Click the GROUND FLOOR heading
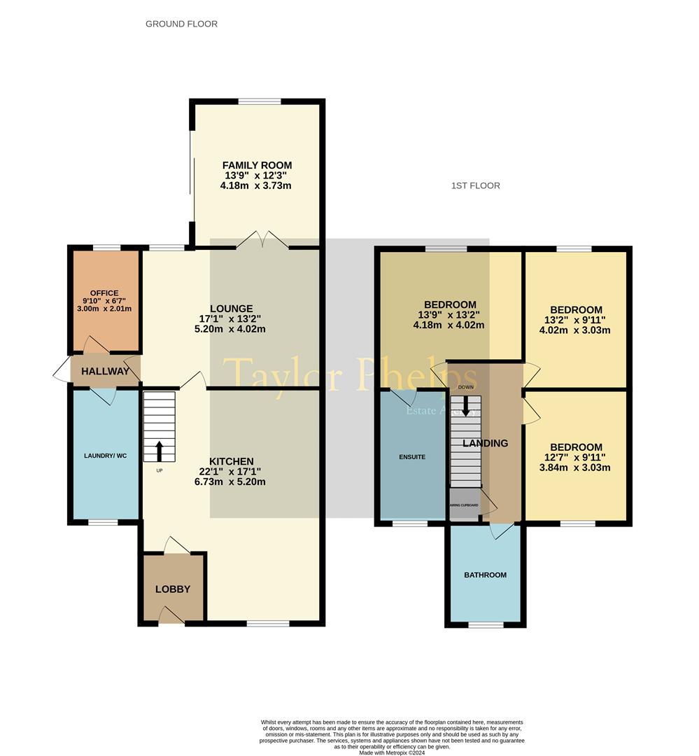pos(181,24)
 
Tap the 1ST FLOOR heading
pos(476,185)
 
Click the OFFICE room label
pos(104,293)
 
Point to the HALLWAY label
pos(105,371)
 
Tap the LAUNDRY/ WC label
pos(101,456)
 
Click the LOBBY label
pos(172,589)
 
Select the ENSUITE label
pos(411,456)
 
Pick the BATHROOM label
pos(485,575)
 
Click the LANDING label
pos(484,443)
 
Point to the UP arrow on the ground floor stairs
pos(159,451)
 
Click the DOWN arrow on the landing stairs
pos(465,406)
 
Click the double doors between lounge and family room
pos(262,242)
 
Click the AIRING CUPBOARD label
pos(463,505)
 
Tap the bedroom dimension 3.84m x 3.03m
pos(576,468)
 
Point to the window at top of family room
pos(260,102)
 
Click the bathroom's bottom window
pos(486,624)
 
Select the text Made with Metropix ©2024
pos(392,752)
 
